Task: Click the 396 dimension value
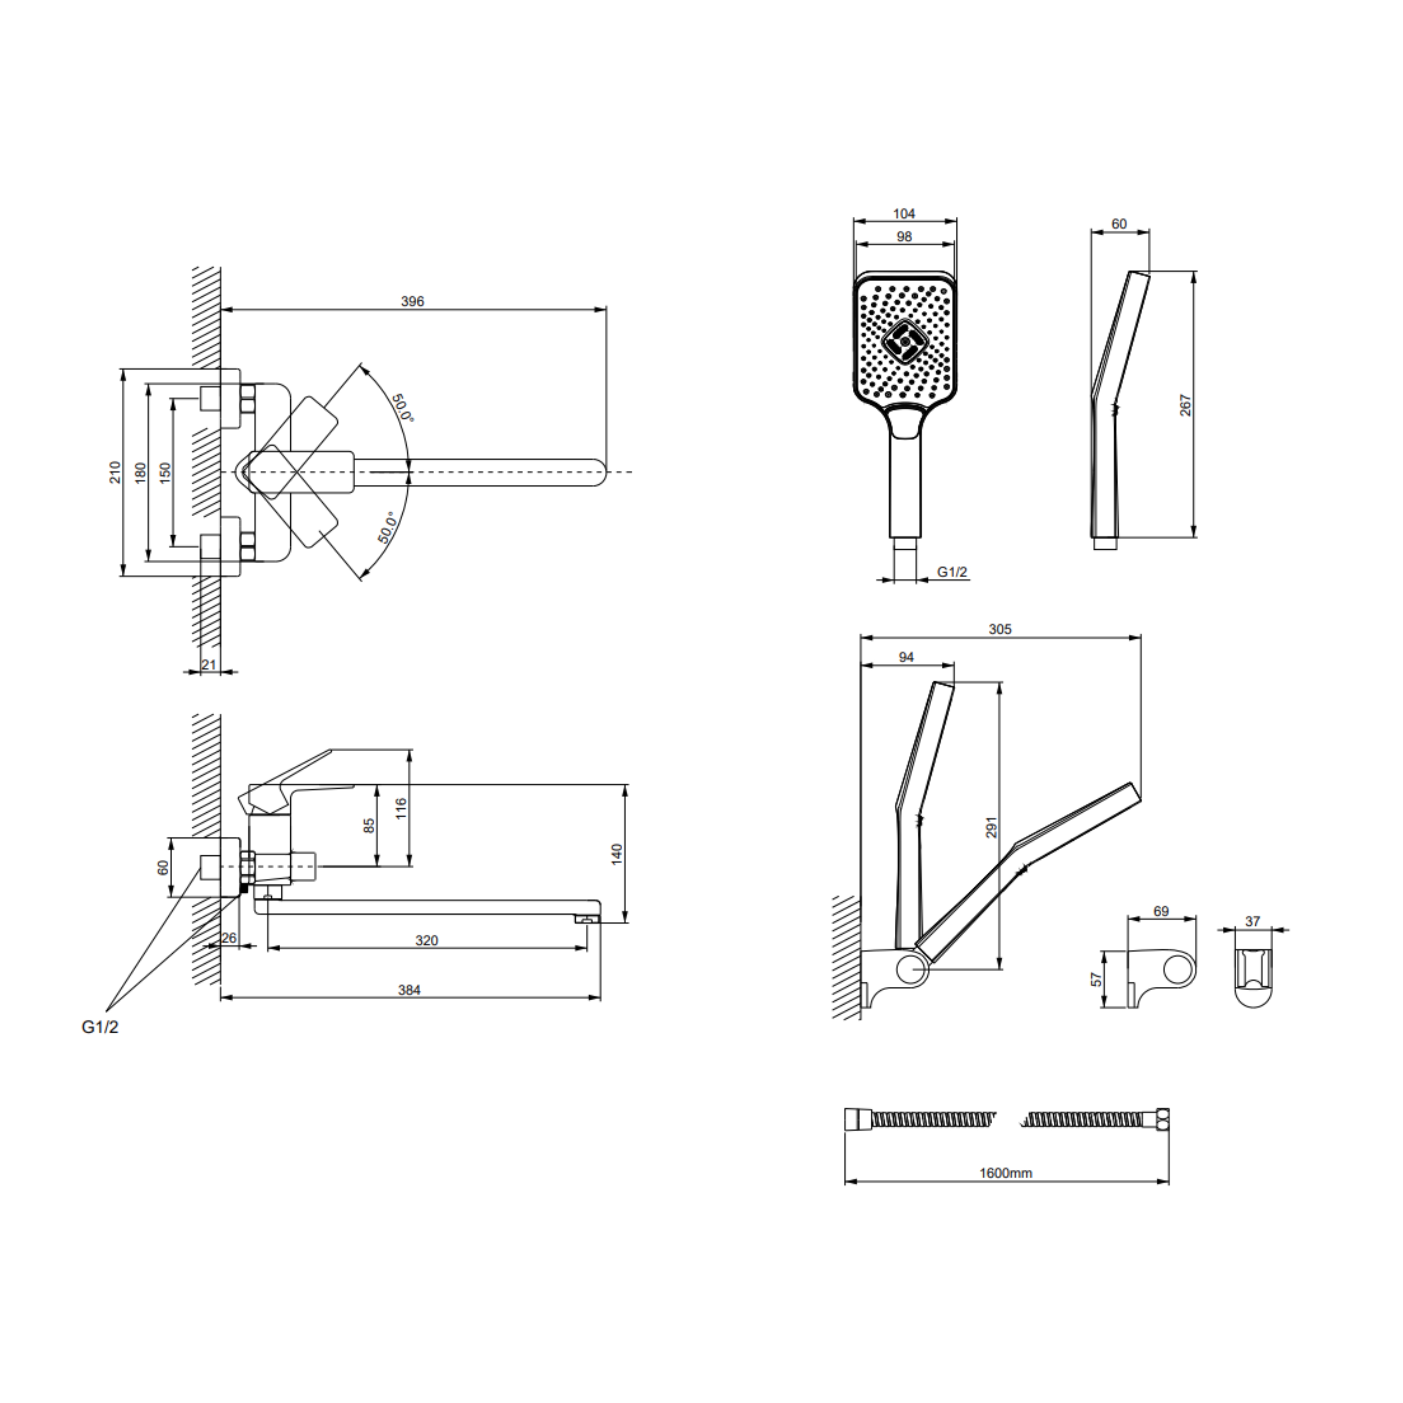click(412, 301)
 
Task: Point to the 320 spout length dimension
click(427, 940)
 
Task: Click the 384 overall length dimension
click(410, 990)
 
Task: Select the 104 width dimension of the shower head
click(904, 214)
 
